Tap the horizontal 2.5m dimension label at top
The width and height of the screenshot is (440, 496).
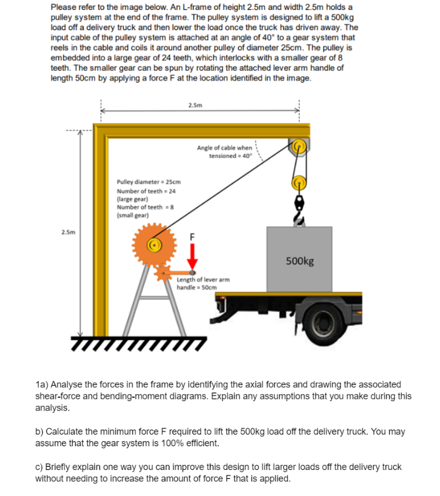195,105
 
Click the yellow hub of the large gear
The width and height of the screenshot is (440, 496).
154,245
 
